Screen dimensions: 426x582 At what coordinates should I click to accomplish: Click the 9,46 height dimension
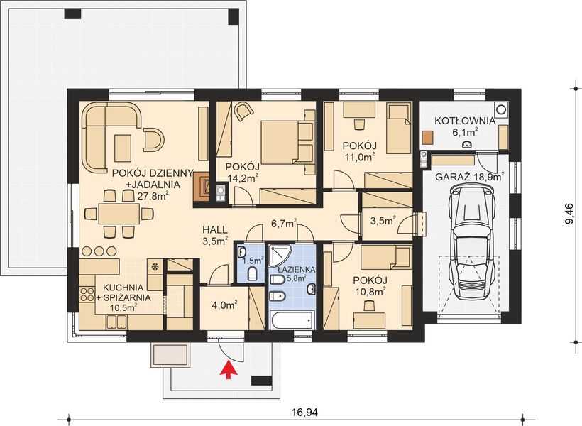point(569,212)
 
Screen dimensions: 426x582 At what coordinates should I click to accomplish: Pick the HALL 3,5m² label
point(214,235)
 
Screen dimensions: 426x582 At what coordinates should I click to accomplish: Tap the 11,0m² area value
point(359,158)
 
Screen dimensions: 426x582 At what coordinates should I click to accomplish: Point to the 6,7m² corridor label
point(283,224)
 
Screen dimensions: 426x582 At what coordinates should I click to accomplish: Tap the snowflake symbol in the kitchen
point(154,267)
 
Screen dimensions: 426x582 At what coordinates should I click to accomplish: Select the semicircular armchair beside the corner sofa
point(153,139)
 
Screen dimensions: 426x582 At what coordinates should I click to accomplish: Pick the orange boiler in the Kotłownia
point(428,137)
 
